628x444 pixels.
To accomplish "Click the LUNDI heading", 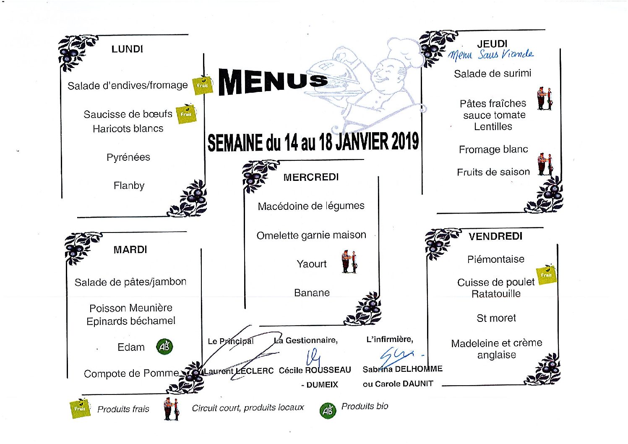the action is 127,49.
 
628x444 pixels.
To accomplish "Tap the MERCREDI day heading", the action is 311,177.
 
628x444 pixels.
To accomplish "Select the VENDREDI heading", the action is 495,236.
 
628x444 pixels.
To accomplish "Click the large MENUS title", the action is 273,82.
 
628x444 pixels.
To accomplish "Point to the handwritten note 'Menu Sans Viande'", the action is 491,55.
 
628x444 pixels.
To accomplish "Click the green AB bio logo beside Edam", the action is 164,347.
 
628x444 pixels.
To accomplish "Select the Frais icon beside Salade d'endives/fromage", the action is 203,85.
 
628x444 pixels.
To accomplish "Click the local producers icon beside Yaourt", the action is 349,261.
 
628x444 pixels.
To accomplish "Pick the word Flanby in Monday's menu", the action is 129,185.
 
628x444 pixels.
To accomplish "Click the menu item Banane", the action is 312,293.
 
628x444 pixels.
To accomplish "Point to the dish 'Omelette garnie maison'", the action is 311,235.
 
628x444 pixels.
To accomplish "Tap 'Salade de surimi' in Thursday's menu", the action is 492,73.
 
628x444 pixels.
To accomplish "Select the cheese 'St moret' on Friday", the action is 496,318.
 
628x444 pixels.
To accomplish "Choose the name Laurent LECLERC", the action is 238,371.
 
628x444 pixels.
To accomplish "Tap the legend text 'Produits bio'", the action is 365,406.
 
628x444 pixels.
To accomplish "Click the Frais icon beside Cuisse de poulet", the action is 546,274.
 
